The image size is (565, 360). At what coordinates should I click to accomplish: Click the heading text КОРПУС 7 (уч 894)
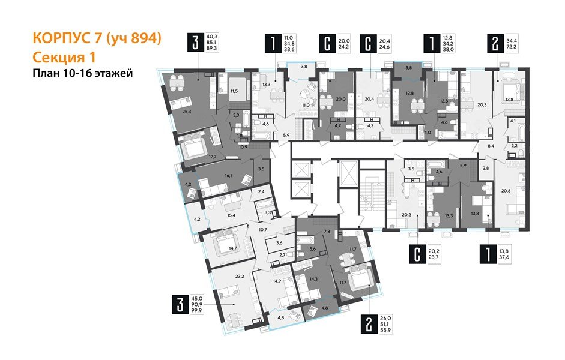[x=97, y=40]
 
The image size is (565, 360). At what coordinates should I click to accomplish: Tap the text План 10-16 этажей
[x=82, y=74]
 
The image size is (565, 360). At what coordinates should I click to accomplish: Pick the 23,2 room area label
[x=224, y=277]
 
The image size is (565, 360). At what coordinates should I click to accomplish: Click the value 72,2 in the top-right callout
[x=513, y=46]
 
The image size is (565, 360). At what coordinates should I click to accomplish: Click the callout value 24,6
[x=384, y=46]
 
